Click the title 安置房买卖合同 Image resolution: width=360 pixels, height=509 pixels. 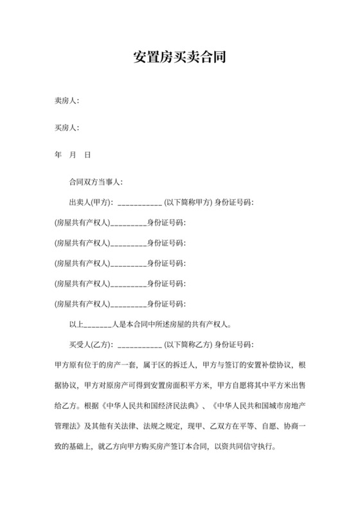[x=180, y=57]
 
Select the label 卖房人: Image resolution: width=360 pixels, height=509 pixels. [x=67, y=101]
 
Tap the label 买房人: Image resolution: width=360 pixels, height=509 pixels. [x=67, y=128]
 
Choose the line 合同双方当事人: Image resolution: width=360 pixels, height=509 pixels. [x=95, y=183]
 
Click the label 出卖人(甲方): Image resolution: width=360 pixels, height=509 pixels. [x=91, y=202]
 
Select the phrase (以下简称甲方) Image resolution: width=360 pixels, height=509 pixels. [x=189, y=202]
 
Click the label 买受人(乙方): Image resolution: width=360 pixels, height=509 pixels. [x=91, y=344]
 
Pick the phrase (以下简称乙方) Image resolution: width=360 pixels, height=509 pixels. [x=189, y=344]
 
